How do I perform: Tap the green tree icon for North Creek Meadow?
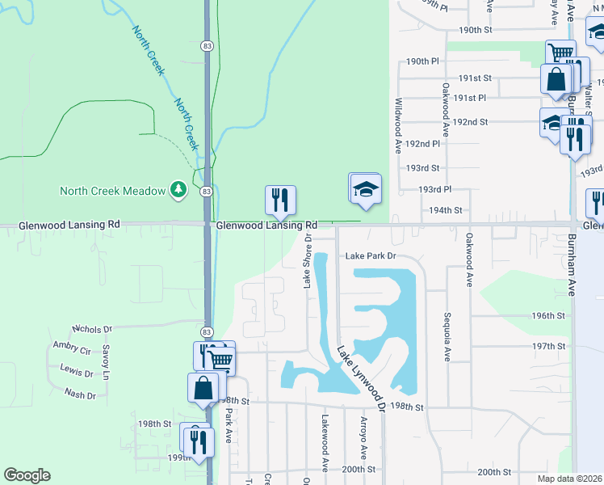178,191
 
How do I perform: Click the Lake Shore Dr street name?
307,260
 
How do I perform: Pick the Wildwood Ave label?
398,126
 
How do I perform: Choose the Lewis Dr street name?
77,372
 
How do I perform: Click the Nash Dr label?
80,394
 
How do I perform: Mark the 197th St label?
549,346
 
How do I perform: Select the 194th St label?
445,210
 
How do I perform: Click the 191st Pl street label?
469,98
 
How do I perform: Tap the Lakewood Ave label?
325,444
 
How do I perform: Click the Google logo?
27,475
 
